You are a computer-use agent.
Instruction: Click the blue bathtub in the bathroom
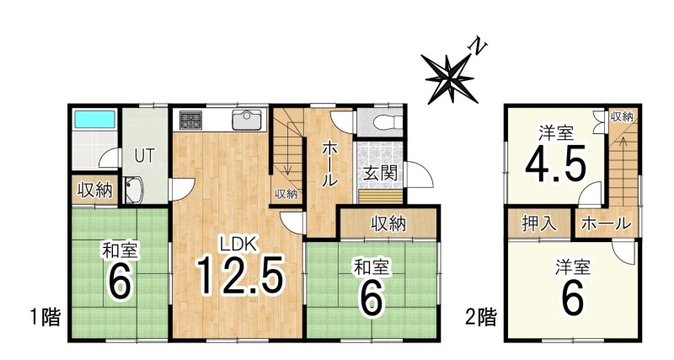pos(95,119)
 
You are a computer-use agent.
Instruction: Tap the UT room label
pos(144,156)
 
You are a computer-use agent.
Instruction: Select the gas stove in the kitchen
pos(190,119)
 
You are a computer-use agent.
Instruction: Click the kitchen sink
pos(247,119)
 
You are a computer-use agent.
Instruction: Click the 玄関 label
pos(380,173)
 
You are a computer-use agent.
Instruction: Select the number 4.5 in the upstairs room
pos(556,164)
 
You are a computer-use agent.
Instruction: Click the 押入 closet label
pos(539,223)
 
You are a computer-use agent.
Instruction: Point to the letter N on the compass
pos(479,46)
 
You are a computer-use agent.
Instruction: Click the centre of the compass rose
pos(450,78)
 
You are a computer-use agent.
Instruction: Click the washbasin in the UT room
pos(134,189)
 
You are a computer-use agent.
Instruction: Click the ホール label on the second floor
pos(606,223)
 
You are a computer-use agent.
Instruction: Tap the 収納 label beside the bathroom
pos(95,190)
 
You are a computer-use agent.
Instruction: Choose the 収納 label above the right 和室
pos(388,223)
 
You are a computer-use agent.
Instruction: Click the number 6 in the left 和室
pos(119,282)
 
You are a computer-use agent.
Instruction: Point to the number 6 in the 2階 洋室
pos(573,298)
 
